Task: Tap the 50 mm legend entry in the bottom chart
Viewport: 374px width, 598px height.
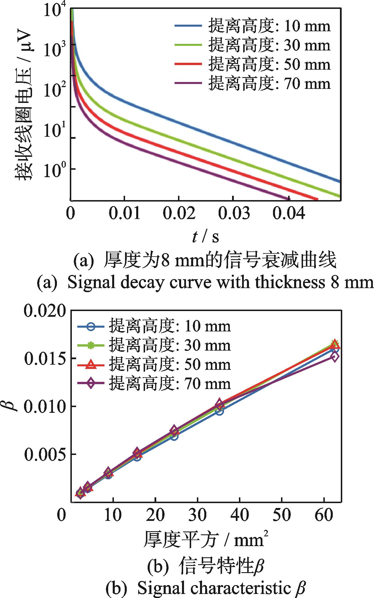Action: point(155,365)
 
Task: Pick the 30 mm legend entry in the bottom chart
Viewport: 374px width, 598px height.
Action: point(155,345)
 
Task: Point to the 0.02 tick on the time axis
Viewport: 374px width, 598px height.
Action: point(179,214)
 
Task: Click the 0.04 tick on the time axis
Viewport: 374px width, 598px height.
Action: point(288,214)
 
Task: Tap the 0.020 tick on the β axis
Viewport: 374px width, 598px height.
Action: point(47,311)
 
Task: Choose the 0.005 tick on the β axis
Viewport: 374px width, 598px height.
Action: point(47,454)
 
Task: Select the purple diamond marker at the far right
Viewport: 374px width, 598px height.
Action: point(335,357)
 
